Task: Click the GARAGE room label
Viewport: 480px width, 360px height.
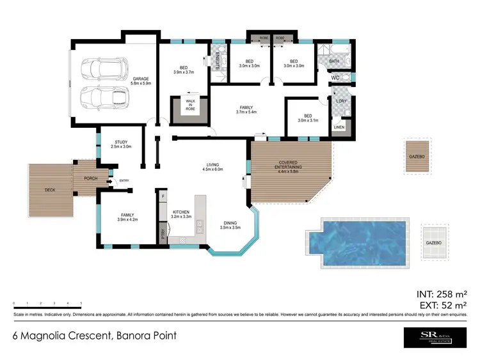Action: pyautogui.click(x=140, y=79)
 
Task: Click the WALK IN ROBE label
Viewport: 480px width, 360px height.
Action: pyautogui.click(x=190, y=106)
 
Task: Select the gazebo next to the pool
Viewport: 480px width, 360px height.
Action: pyautogui.click(x=434, y=243)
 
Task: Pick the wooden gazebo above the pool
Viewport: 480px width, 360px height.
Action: pyautogui.click(x=417, y=155)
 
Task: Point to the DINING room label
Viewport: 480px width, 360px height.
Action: pyautogui.click(x=229, y=224)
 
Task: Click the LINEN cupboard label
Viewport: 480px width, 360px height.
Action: pyautogui.click(x=340, y=127)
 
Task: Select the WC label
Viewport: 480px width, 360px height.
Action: pyautogui.click(x=334, y=78)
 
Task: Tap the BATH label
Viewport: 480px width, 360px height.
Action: pyautogui.click(x=334, y=61)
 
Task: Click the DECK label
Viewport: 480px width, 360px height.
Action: pyautogui.click(x=50, y=190)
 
